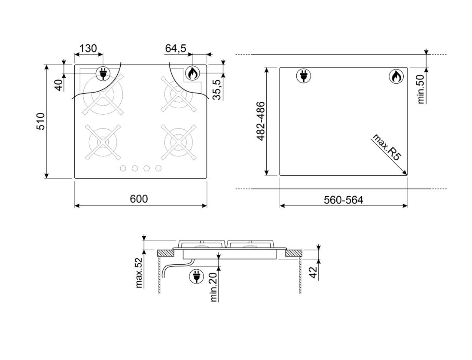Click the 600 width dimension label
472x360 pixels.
[x=139, y=198]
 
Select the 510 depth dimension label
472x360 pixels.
[x=40, y=121]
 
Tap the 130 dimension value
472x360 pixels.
[x=88, y=48]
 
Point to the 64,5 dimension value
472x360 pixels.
[x=176, y=48]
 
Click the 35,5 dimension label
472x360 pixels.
[x=216, y=89]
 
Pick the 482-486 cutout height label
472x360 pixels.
[x=260, y=121]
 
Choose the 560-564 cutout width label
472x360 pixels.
[x=344, y=200]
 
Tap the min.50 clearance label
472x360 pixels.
[x=421, y=89]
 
